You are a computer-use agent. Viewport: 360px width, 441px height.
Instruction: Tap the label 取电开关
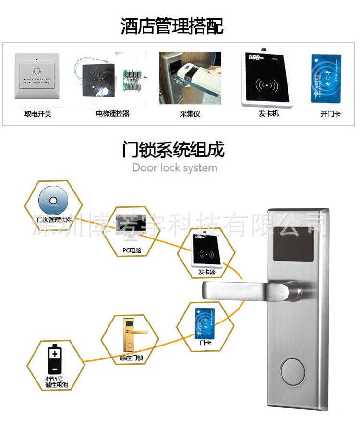[x=38, y=114]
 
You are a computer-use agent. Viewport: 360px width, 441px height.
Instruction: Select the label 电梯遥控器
[x=113, y=114]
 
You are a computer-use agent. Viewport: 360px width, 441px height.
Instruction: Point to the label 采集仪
[x=190, y=114]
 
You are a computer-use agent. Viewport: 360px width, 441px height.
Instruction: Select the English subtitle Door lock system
[x=175, y=168]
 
